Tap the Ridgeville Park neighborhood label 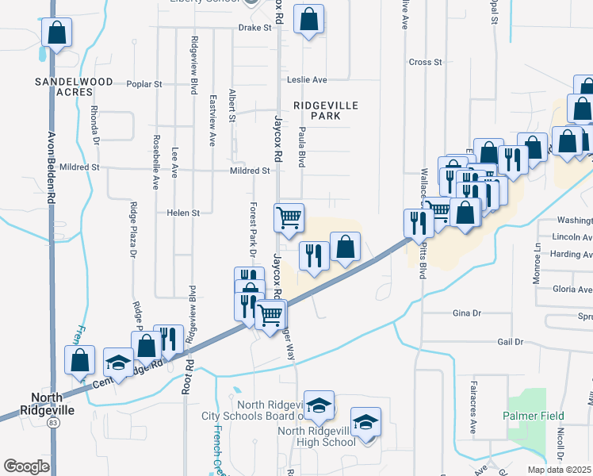pos(326,110)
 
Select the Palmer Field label pos(534,416)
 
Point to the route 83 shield pos(53,424)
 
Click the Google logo pos(26,466)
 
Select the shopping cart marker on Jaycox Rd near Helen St pos(289,216)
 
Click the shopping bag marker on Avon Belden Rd pos(57,34)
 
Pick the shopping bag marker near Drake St pos(308,20)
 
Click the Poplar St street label pos(144,83)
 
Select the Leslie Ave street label pos(308,80)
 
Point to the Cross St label pos(425,62)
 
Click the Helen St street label pos(183,213)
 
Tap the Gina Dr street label pos(466,313)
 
